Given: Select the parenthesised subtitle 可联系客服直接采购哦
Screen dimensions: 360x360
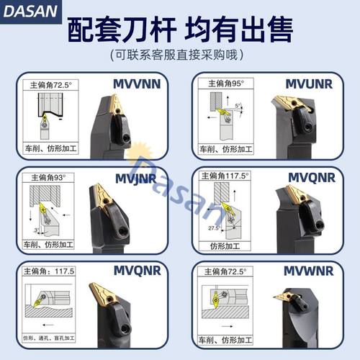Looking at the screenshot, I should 179,55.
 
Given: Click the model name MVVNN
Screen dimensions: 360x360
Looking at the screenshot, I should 138,83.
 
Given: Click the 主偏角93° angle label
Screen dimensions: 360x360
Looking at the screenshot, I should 49,176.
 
